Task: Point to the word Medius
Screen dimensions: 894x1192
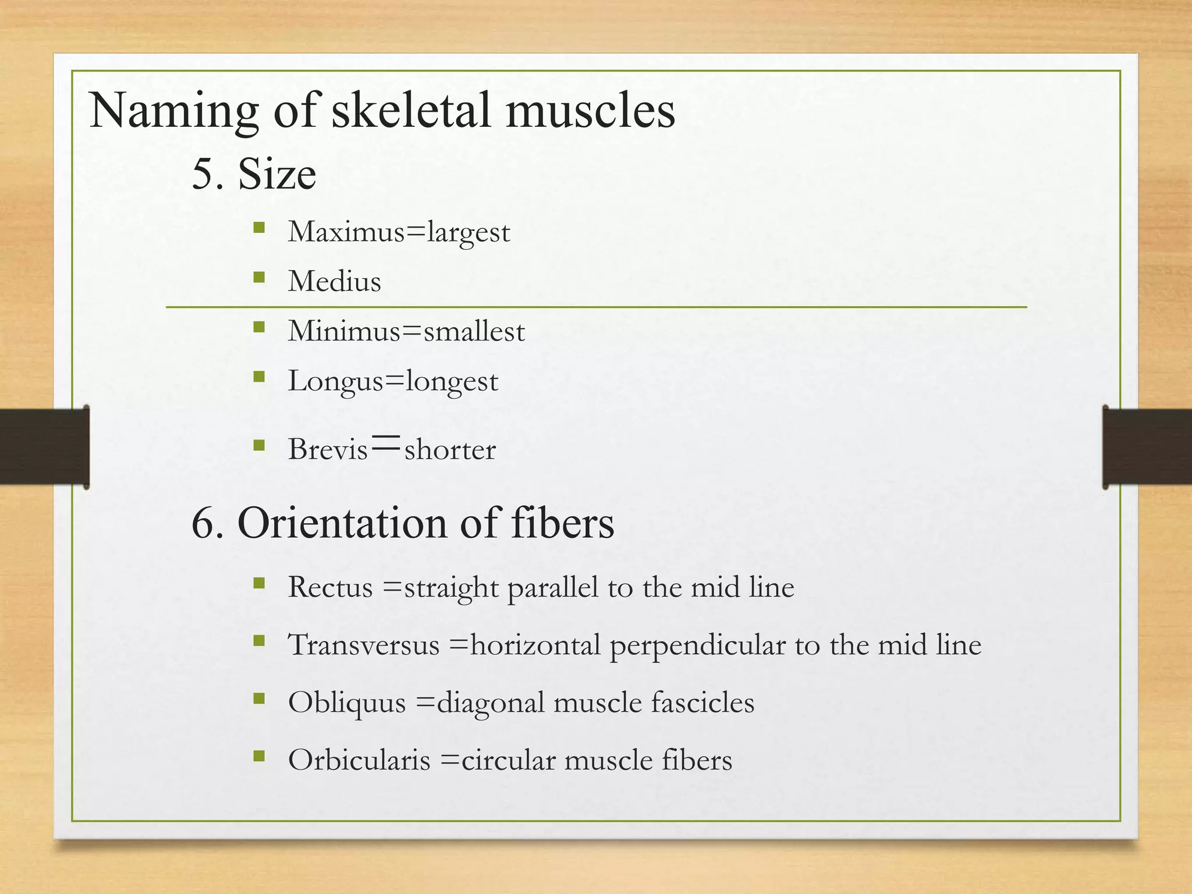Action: (x=335, y=281)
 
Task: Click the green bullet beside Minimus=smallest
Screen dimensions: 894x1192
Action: (x=259, y=327)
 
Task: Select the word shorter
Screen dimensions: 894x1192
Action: (x=450, y=449)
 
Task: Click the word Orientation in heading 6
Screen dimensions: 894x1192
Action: (x=343, y=523)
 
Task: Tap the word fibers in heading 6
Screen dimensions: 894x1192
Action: (x=562, y=523)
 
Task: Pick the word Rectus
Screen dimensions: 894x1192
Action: (x=330, y=587)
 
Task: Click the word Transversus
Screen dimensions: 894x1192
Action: (x=364, y=645)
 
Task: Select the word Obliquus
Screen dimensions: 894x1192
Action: (x=347, y=702)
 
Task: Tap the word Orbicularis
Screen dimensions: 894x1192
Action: (x=359, y=760)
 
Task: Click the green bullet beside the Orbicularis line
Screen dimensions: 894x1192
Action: (x=259, y=757)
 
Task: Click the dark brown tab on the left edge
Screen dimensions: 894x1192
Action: (x=44, y=446)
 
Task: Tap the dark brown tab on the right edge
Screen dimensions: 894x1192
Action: (x=1147, y=446)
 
